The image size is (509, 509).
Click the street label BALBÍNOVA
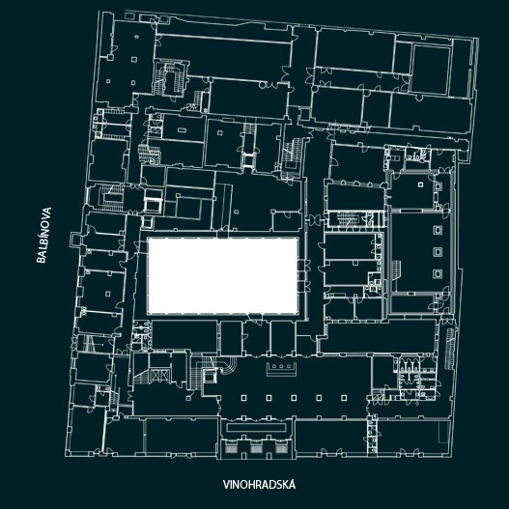click(44, 235)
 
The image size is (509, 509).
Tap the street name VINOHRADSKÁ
click(259, 485)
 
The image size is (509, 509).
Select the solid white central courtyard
click(223, 276)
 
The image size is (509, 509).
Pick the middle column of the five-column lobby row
click(294, 398)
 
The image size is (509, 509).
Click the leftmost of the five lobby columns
click(243, 398)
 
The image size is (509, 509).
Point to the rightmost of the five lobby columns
click(344, 398)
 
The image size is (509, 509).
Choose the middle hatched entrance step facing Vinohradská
click(256, 449)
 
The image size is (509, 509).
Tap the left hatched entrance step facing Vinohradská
click(232, 449)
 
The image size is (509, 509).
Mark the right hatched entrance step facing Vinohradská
click(281, 449)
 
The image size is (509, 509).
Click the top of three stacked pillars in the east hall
click(438, 230)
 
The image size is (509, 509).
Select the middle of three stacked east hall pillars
click(438, 252)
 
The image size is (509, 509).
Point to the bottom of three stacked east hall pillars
click(438, 273)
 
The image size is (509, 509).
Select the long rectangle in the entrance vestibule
click(256, 427)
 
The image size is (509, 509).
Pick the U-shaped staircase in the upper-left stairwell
click(170, 78)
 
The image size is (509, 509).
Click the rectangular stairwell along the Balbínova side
click(111, 198)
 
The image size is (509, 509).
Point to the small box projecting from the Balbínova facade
click(75, 239)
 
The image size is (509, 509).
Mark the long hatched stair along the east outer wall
click(449, 349)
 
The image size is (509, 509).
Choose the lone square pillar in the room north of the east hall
click(421, 184)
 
